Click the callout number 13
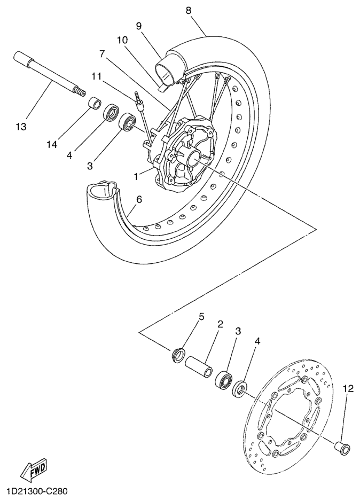(x=21, y=127)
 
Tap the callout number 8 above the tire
(x=189, y=10)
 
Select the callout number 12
(x=348, y=389)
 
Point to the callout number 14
(x=51, y=144)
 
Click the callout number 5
(x=201, y=317)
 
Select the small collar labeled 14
(x=95, y=105)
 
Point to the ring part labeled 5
(x=178, y=356)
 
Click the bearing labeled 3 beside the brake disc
(x=224, y=379)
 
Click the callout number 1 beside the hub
(x=136, y=176)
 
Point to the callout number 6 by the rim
(x=139, y=199)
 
